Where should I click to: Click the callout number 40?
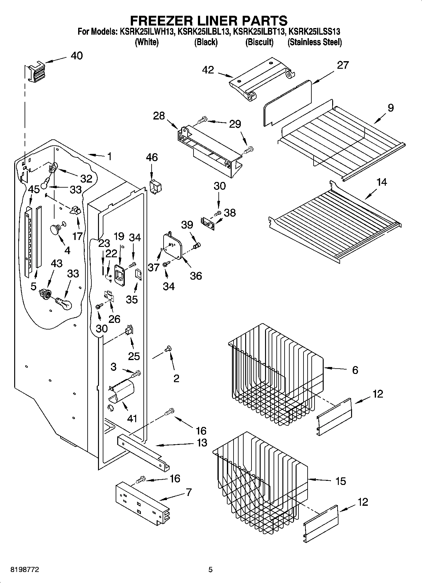pos(77,56)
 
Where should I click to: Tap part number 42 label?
pos(208,70)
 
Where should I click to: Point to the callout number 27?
pos(343,65)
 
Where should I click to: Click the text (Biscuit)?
pos(259,42)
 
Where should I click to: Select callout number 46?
pos(152,157)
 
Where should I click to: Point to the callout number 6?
pos(355,370)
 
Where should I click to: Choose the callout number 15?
pos(341,481)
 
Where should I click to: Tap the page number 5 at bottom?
pos(211,569)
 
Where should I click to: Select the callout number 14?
pos(381,182)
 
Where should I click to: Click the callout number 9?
pos(390,108)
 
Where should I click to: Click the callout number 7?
pos(188,492)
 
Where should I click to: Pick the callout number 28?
pos(159,116)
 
